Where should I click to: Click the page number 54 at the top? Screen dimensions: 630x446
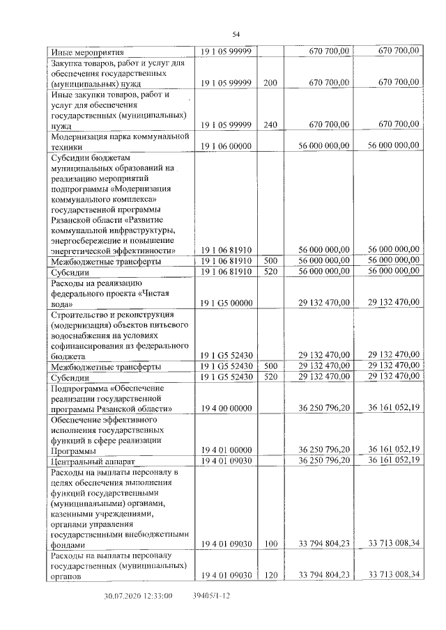pyautogui.click(x=236, y=34)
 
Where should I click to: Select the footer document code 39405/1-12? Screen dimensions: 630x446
pyautogui.click(x=211, y=597)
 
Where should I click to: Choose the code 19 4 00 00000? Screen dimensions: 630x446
pyautogui.click(x=226, y=409)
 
